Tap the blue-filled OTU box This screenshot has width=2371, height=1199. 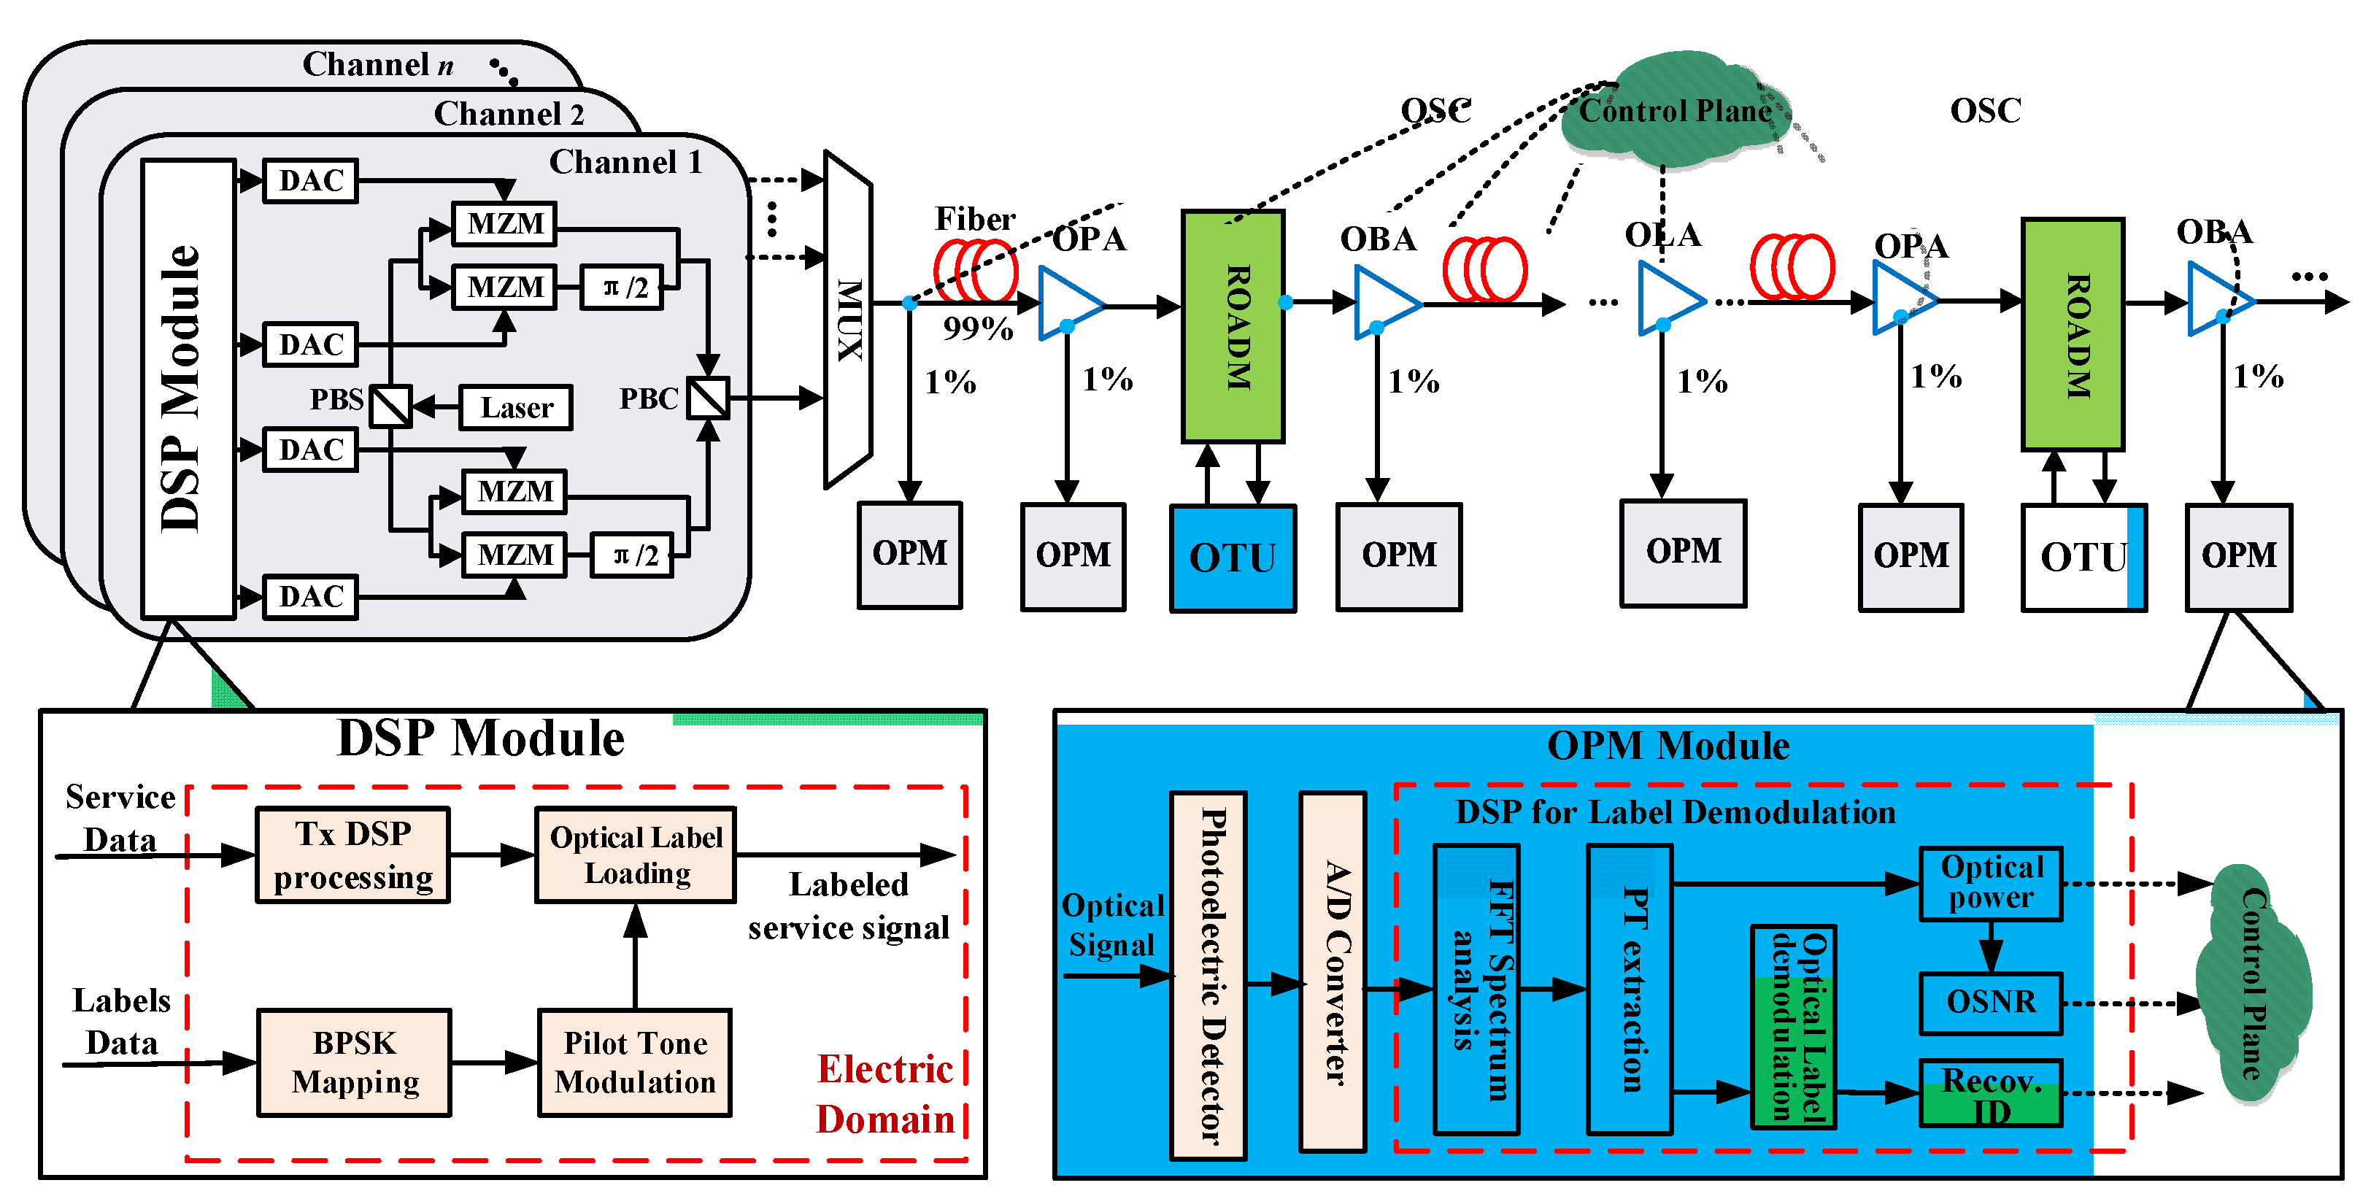pos(1233,558)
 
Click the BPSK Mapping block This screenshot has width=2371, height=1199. pos(355,1063)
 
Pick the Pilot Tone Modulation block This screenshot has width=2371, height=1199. pos(634,1063)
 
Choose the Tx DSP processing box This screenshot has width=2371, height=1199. pos(352,855)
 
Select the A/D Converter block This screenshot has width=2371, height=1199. pos(1332,972)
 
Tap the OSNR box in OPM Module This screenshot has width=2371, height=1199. pos(1990,1002)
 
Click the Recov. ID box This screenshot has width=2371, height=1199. pos(1990,1093)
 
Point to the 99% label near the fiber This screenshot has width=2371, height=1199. pos(977,328)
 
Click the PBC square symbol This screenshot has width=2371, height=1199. pos(708,398)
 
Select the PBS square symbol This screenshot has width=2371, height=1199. pos(390,406)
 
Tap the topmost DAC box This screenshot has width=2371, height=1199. pos(310,180)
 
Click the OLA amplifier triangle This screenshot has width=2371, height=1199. pos(1668,299)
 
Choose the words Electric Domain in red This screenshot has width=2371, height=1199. pos(885,1094)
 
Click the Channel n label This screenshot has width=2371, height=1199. pos(377,64)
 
